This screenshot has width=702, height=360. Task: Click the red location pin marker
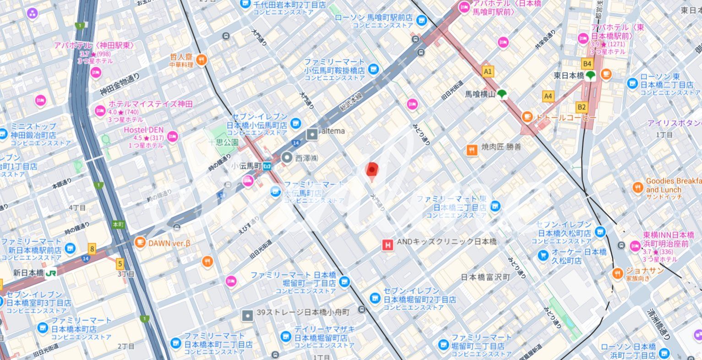[372, 170]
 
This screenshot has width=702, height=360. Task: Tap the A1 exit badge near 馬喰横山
[488, 71]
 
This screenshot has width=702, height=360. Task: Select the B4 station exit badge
[587, 63]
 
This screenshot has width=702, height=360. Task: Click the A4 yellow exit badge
[548, 96]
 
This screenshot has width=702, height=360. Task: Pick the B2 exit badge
[582, 107]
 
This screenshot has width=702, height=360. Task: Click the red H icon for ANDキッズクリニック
[388, 245]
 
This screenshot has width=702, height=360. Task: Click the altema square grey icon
[312, 134]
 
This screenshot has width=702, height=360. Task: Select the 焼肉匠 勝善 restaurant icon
[472, 150]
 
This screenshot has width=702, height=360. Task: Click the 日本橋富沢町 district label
[485, 277]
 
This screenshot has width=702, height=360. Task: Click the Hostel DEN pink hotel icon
[173, 136]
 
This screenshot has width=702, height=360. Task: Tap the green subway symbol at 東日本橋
[590, 76]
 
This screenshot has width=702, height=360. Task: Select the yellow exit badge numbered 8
[93, 250]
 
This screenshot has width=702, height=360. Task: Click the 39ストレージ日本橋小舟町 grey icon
[248, 315]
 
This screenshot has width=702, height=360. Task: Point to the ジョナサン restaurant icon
[618, 274]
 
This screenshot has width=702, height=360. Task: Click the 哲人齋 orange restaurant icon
[201, 60]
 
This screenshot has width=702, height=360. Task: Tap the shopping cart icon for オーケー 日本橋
[543, 255]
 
